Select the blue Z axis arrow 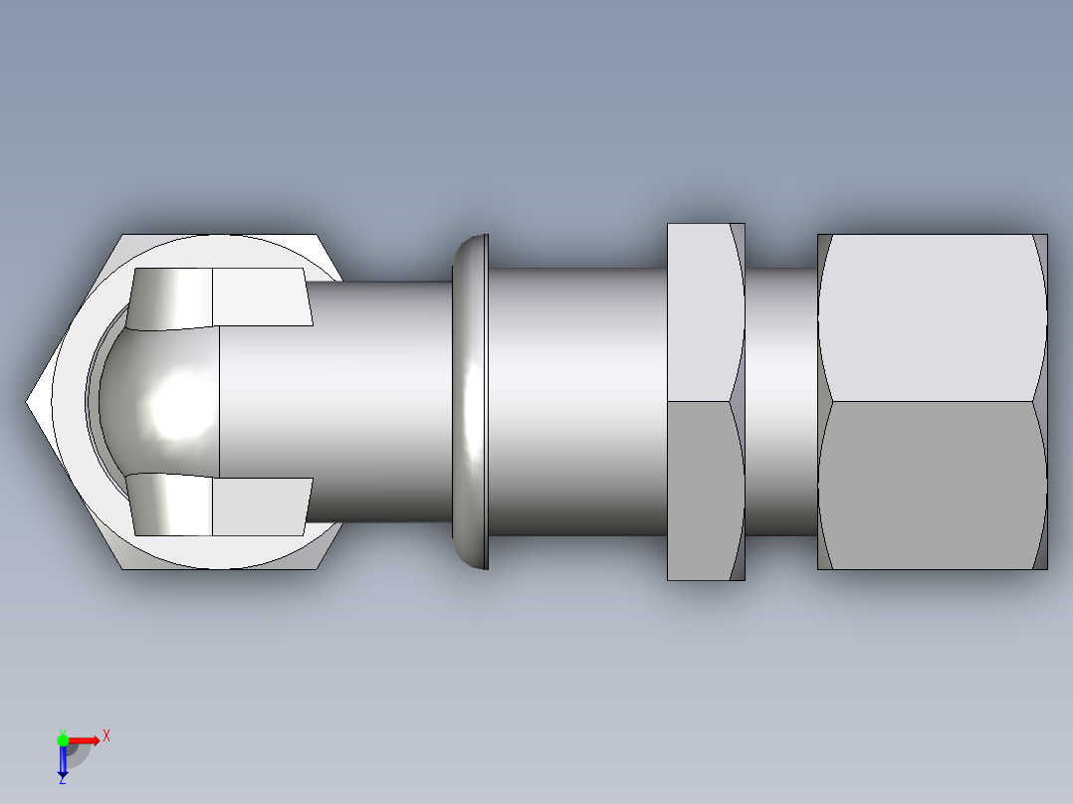click(x=63, y=760)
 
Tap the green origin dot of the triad click(x=63, y=739)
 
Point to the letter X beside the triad click(x=107, y=736)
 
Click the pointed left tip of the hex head click(x=30, y=402)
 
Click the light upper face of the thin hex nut click(x=702, y=312)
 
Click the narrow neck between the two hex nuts click(x=780, y=402)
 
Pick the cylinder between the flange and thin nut click(x=577, y=402)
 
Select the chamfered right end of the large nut click(x=1041, y=402)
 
